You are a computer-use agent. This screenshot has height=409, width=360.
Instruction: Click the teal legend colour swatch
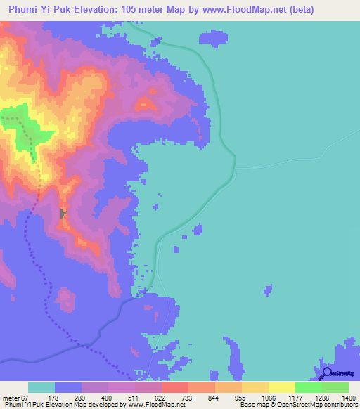pyautogui.click(x=41, y=387)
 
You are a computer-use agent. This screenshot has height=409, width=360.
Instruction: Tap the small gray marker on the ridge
pyautogui.click(x=63, y=213)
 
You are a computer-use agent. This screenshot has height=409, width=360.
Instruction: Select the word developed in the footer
pyautogui.click(x=104, y=405)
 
